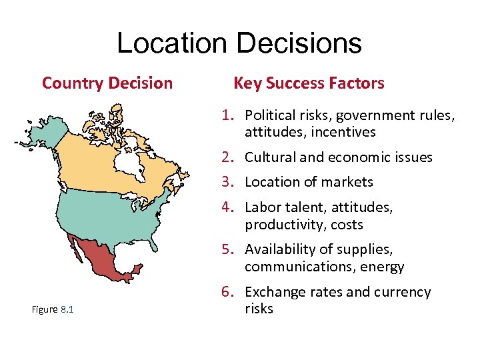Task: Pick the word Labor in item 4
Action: point(261,208)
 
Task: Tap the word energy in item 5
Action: point(383,267)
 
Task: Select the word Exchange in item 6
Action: point(273,292)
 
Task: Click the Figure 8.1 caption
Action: point(53,309)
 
